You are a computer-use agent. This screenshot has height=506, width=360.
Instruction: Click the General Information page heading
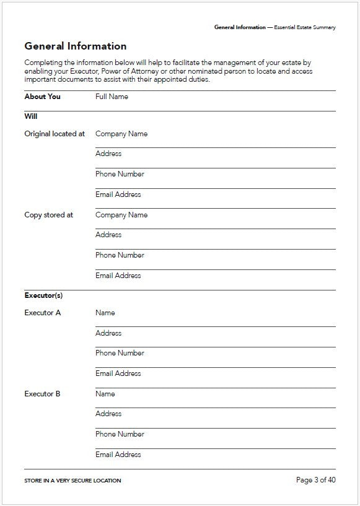[75, 46]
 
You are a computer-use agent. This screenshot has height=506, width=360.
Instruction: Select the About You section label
[42, 97]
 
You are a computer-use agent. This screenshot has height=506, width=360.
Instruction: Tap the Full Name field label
[112, 97]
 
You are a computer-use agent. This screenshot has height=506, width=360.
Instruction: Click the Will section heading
[31, 115]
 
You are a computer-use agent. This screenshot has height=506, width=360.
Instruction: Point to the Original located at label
[55, 134]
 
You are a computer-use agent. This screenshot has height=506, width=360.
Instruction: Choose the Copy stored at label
[48, 215]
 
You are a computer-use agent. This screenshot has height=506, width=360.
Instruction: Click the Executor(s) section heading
[43, 295]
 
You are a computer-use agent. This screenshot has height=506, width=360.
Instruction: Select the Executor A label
[42, 313]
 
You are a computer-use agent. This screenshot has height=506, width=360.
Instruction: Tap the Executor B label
[42, 394]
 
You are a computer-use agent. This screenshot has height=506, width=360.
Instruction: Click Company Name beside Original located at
[121, 134]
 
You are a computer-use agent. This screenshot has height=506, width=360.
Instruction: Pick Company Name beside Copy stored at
[121, 215]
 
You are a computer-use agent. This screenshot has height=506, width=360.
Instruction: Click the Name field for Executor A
[105, 313]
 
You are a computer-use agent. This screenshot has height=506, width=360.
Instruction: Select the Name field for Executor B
[105, 394]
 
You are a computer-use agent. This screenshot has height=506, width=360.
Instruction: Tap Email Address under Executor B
[118, 455]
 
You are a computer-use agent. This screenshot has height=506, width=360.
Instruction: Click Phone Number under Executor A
[120, 353]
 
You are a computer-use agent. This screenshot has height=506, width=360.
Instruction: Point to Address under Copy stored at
[108, 235]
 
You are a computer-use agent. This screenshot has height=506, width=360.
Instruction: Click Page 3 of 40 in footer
[316, 480]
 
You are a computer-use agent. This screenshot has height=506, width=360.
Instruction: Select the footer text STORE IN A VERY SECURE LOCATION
[72, 481]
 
